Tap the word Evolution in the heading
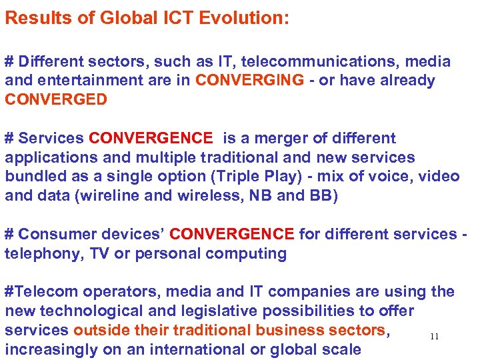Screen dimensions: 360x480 [249, 18]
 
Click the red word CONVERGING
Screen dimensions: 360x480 [250, 81]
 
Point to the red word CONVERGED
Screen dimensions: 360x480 [56, 100]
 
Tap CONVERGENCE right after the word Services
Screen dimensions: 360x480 [151, 139]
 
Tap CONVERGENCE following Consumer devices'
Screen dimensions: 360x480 [231, 235]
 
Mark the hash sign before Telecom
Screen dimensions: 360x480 [9, 292]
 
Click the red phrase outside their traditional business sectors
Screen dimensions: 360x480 [229, 331]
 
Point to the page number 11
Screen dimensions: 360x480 [434, 337]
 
